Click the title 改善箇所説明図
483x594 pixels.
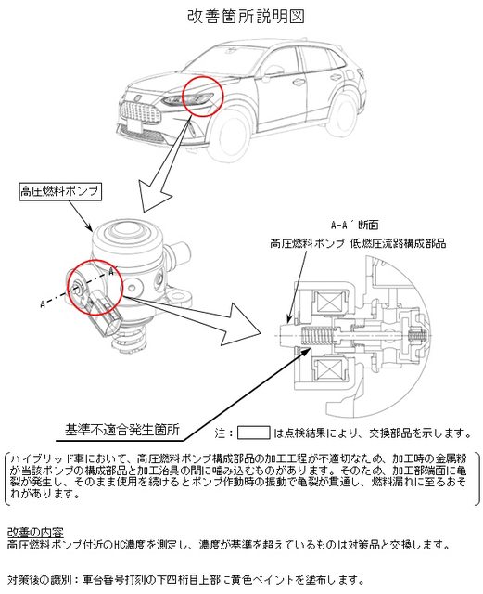point(246,17)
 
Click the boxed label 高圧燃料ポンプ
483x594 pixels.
point(60,191)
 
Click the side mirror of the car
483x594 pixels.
point(274,72)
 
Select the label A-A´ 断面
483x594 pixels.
point(355,225)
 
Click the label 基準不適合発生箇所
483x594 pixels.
point(121,430)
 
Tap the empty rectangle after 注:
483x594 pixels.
point(253,433)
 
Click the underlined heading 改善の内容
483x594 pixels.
point(35,532)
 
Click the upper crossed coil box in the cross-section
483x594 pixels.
point(329,304)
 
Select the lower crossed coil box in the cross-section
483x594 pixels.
point(329,368)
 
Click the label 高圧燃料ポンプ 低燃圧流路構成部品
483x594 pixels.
point(358,243)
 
